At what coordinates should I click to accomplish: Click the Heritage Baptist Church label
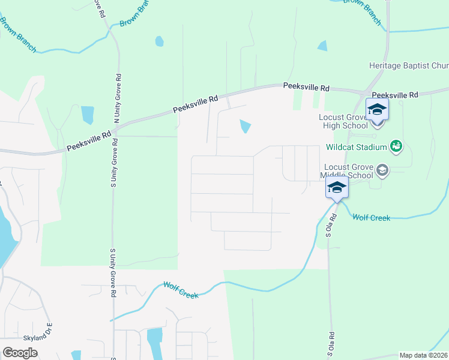pos(408,65)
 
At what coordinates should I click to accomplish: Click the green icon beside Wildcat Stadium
pos(396,145)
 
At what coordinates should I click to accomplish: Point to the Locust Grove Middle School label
pos(348,171)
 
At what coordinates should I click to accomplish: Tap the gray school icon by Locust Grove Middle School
pos(382,172)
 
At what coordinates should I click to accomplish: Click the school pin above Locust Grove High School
pos(377,110)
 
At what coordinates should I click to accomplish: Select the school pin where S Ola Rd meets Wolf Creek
pos(337,188)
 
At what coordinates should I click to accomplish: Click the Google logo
pos(20,353)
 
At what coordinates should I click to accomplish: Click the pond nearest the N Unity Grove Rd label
pos(88,114)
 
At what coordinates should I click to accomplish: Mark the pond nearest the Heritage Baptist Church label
pos(323,46)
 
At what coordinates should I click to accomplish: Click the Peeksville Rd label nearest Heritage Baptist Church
pos(395,95)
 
